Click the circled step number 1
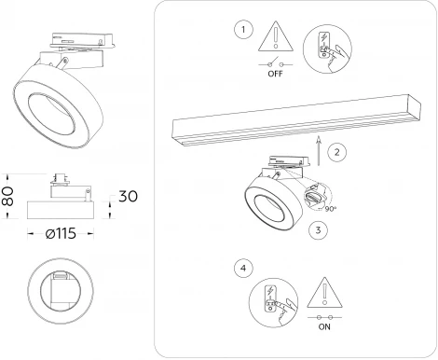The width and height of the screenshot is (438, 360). [244, 30]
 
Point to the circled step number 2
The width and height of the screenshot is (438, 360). [338, 149]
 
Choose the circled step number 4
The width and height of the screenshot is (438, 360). [244, 268]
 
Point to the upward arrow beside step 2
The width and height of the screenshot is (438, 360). [320, 145]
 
